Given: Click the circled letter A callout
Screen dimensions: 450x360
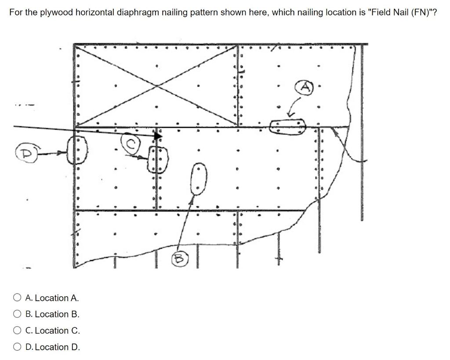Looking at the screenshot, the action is (x=305, y=87).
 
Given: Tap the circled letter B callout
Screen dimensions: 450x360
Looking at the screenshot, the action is (x=180, y=259).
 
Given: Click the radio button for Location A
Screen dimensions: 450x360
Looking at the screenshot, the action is (x=17, y=298).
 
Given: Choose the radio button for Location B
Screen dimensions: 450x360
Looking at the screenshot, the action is (x=17, y=314).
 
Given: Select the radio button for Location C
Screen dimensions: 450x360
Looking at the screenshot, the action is (x=17, y=331).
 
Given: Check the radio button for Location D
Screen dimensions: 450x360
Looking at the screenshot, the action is (x=17, y=347).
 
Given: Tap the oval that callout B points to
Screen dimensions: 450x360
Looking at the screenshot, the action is (x=199, y=178).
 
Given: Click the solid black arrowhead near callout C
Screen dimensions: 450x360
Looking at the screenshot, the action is (x=157, y=136).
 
